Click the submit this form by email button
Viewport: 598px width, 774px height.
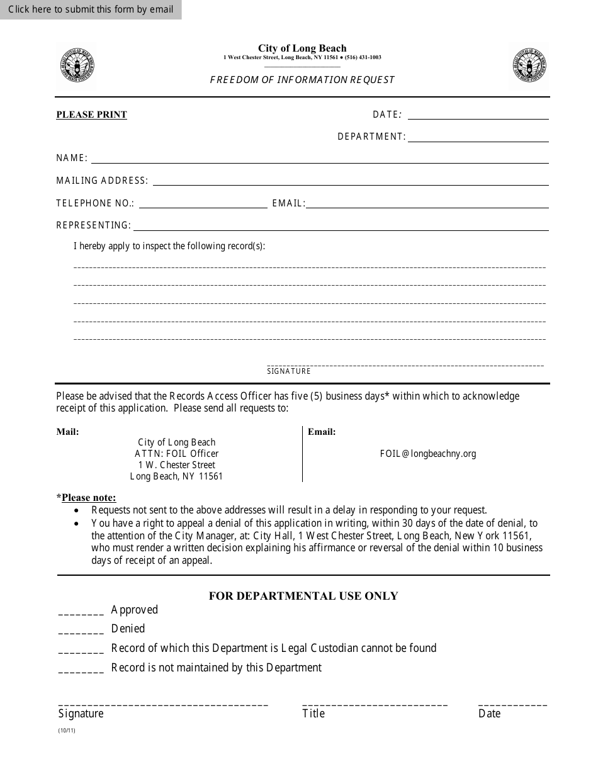point(91,9)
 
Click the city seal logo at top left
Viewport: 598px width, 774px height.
point(77,65)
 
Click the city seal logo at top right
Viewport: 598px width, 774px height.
point(528,65)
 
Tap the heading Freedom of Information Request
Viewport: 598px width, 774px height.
point(302,80)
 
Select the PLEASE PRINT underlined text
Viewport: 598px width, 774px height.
point(92,115)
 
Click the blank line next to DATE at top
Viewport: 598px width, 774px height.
point(478,116)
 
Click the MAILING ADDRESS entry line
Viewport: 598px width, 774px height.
point(351,182)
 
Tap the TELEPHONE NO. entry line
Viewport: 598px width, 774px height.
point(203,205)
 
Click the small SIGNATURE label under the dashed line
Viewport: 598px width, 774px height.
point(289,371)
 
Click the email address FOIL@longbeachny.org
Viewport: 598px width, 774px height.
point(428,454)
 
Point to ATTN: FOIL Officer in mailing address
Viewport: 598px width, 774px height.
point(176,454)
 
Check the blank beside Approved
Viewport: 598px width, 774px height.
point(81,612)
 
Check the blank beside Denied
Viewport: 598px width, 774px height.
point(81,631)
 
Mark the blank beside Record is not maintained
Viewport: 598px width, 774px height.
point(81,670)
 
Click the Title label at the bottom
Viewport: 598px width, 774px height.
point(313,714)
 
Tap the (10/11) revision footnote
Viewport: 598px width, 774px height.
point(66,731)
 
